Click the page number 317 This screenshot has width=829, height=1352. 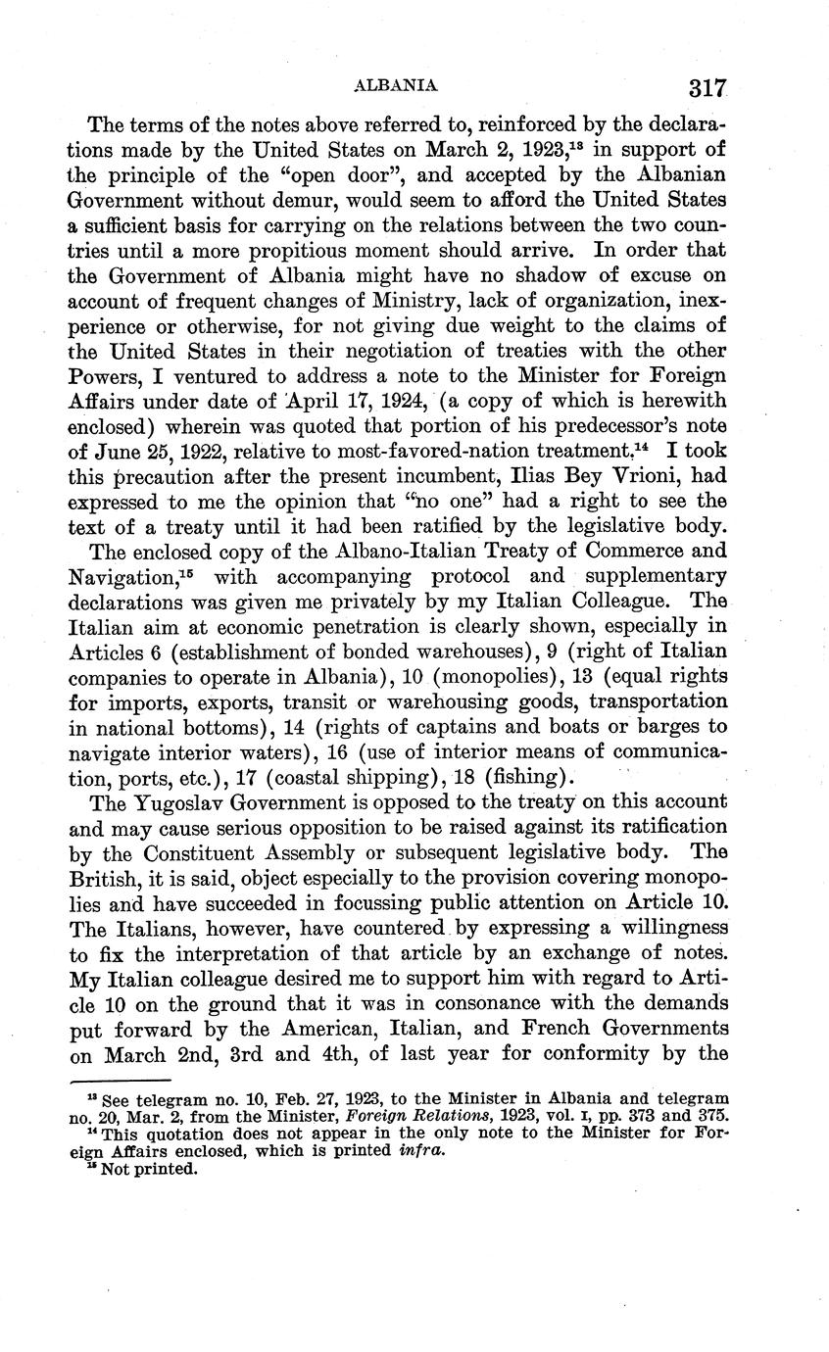click(706, 87)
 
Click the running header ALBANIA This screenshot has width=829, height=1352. click(394, 86)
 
